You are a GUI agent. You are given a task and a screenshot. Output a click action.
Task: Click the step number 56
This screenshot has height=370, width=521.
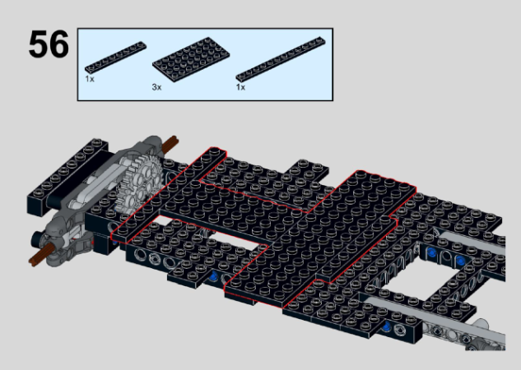(x=48, y=45)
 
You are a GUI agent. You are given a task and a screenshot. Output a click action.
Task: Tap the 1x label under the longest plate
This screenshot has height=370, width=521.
(x=240, y=87)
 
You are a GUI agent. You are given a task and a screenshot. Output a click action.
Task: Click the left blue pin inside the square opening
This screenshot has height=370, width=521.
(x=429, y=257)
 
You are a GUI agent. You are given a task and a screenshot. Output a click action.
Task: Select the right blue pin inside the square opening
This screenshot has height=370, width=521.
(x=460, y=261)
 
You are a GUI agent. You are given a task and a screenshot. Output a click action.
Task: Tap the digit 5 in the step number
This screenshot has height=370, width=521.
(x=38, y=45)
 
